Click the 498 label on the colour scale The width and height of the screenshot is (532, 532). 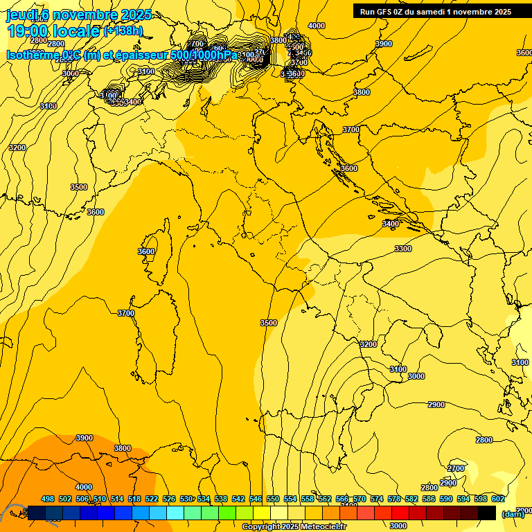[x=48, y=499]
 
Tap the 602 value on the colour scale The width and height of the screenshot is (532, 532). [x=497, y=499]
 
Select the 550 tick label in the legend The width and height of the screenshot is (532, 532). [x=273, y=499]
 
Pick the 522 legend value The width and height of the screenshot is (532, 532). [x=152, y=499]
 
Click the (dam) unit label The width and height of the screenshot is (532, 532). [x=513, y=514]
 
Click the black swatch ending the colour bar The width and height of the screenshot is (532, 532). [x=487, y=513]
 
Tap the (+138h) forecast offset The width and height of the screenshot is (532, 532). [x=123, y=31]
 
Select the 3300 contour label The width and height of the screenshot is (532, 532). [x=403, y=249]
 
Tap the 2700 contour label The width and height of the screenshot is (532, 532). [x=456, y=469]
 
